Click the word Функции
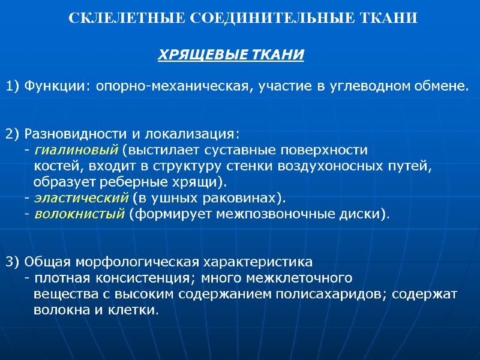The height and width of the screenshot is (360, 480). click(x=55, y=87)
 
